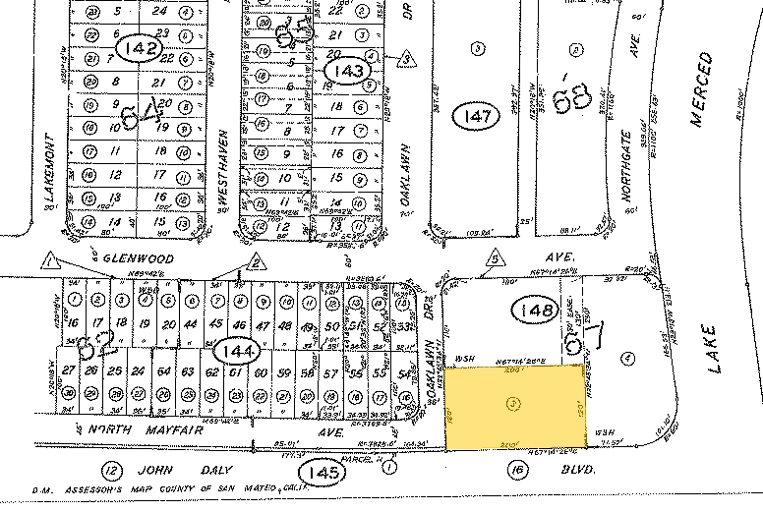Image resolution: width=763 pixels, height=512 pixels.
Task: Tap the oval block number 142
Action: [139, 50]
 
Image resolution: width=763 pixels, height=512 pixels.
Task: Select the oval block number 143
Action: [349, 71]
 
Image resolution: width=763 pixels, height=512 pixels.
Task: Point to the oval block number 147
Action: [477, 116]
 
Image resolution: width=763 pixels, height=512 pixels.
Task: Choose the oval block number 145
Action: [325, 473]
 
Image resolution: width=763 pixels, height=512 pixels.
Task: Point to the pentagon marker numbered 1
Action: [48, 260]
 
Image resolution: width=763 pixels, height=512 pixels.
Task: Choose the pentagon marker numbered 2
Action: [256, 260]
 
